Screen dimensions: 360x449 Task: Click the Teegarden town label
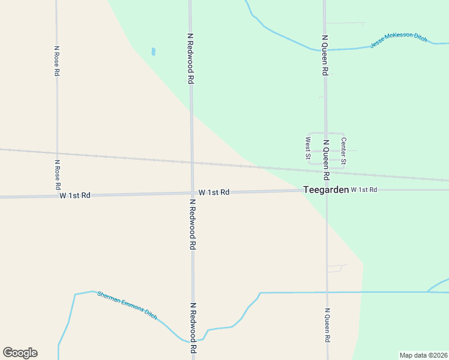tap(326, 189)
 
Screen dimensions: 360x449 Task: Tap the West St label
tap(308, 149)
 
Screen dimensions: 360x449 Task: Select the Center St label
tap(343, 151)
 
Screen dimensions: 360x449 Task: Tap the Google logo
tap(20, 353)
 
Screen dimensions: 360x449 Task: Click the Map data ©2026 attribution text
tap(424, 355)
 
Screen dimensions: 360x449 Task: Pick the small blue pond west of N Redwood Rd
tap(154, 52)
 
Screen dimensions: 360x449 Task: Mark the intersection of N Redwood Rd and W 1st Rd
tap(192, 193)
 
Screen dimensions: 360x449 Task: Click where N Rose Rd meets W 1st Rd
tap(57, 196)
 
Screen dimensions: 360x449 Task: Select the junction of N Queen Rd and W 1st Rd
tap(327, 190)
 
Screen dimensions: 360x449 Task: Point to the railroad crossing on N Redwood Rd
tap(191, 162)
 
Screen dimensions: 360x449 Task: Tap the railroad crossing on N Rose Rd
tap(57, 153)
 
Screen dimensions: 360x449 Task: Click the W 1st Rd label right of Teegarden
tap(364, 190)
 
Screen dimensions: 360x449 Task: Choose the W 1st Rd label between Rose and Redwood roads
tap(75, 196)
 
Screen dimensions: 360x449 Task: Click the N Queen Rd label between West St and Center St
tap(326, 160)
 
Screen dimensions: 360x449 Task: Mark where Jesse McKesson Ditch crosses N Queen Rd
tap(325, 50)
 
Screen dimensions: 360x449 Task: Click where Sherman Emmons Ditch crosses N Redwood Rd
tap(193, 340)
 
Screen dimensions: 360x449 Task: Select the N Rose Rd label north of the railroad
tap(57, 61)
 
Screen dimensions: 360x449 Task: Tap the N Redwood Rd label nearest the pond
tap(190, 58)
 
